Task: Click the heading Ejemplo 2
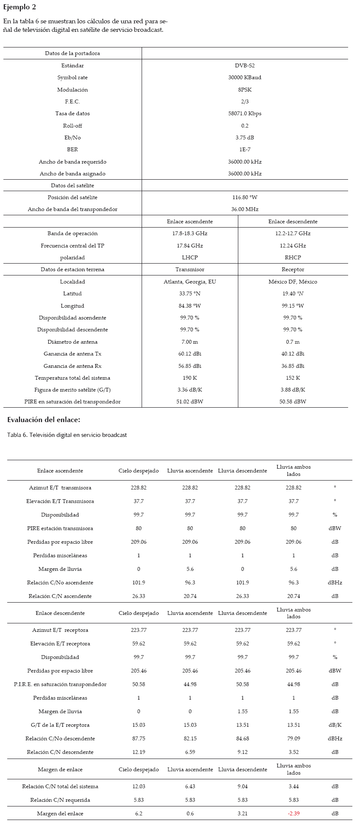(20, 7)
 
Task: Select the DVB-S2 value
(245, 66)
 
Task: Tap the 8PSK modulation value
(245, 90)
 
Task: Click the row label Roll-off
(73, 126)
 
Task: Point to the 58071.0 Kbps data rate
(245, 114)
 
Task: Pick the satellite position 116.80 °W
(245, 197)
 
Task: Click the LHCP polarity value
(190, 258)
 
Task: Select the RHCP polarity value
(293, 258)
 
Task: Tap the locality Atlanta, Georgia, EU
(190, 282)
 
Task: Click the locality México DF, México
(293, 282)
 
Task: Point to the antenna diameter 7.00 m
(190, 342)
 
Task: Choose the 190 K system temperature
(190, 378)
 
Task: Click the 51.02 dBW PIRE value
(190, 402)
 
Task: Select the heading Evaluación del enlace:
(44, 420)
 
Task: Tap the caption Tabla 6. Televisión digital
(67, 435)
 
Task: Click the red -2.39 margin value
(293, 813)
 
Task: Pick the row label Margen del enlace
(60, 813)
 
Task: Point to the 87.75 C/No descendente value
(139, 738)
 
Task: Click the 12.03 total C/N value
(139, 786)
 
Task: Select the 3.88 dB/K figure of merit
(293, 390)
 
